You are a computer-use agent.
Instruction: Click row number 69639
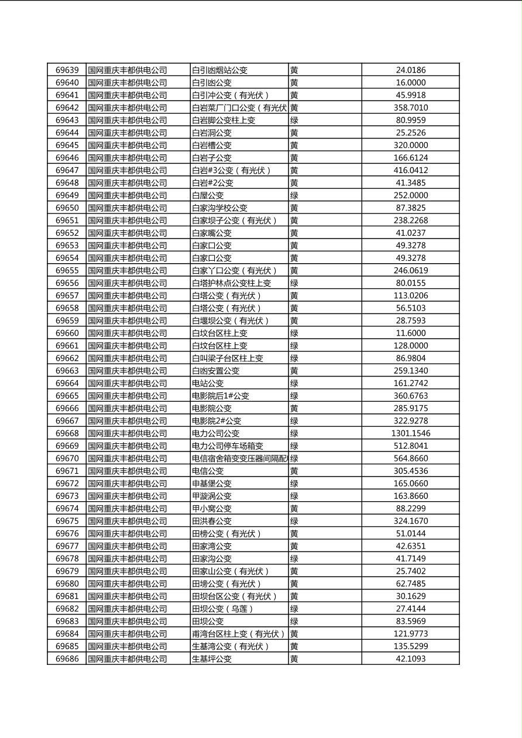[67, 70]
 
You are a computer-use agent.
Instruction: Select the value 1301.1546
[410, 433]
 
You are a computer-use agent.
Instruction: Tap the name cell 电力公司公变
[216, 433]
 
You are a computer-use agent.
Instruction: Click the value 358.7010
[410, 108]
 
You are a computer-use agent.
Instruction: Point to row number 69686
[67, 659]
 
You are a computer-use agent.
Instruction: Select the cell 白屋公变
[208, 195]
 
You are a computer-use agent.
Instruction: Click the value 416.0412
[410, 170]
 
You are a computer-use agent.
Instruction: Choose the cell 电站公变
[208, 384]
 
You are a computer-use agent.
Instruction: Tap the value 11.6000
[410, 333]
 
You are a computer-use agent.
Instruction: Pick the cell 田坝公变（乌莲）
[222, 609]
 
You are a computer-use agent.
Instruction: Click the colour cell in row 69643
[294, 120]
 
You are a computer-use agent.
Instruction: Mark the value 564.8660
[410, 458]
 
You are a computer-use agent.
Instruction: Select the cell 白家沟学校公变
[219, 208]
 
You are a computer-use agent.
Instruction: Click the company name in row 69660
[128, 333]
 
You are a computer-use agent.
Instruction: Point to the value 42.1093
[410, 659]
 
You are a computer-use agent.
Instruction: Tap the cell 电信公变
[208, 471]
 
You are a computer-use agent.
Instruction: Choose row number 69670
[67, 458]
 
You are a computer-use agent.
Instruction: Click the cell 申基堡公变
[212, 484]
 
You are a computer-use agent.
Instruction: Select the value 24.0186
[410, 70]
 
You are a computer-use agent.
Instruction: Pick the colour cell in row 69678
[294, 558]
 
